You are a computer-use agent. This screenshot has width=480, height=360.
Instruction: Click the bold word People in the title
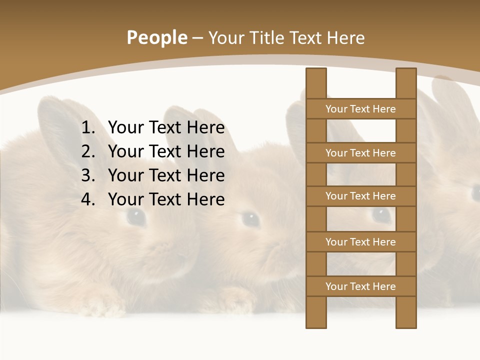[x=157, y=38]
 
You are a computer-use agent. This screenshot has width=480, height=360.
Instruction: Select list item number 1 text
[x=166, y=128]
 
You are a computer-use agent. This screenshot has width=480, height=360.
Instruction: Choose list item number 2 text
[x=166, y=151]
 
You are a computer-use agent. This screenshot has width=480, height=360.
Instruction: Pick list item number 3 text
[x=166, y=175]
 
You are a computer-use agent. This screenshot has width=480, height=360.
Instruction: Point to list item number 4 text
[x=166, y=199]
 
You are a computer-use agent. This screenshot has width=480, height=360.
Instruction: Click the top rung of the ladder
[x=360, y=109]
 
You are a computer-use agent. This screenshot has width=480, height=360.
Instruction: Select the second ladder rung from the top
[x=360, y=153]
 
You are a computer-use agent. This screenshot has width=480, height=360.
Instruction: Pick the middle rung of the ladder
[x=360, y=196]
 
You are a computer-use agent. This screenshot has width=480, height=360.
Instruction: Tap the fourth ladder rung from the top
[x=360, y=242]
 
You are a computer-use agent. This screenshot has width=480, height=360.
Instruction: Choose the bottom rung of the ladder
[x=360, y=286]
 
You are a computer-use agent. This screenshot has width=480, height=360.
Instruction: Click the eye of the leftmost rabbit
[x=136, y=216]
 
